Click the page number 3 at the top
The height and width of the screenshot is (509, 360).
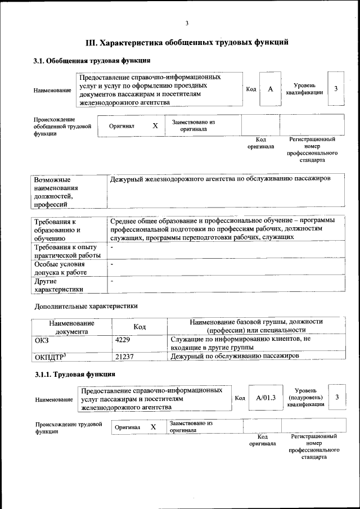coord(187,23)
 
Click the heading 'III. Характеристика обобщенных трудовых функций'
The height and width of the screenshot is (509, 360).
coord(187,42)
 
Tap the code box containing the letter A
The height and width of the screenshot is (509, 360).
coord(271,89)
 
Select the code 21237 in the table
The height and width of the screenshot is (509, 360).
coord(124,357)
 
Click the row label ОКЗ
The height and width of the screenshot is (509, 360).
coord(42,340)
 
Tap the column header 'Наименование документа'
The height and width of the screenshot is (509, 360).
coord(71,327)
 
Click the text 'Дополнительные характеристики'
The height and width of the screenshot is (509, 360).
coord(85,307)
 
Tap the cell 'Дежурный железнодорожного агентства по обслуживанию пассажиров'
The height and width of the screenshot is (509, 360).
coord(220,179)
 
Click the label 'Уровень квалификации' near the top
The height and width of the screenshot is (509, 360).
coord(304,89)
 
